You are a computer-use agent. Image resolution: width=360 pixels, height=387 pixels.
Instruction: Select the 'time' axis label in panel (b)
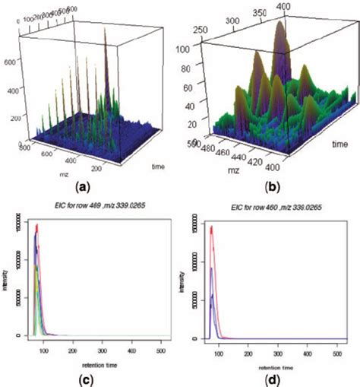339,142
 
